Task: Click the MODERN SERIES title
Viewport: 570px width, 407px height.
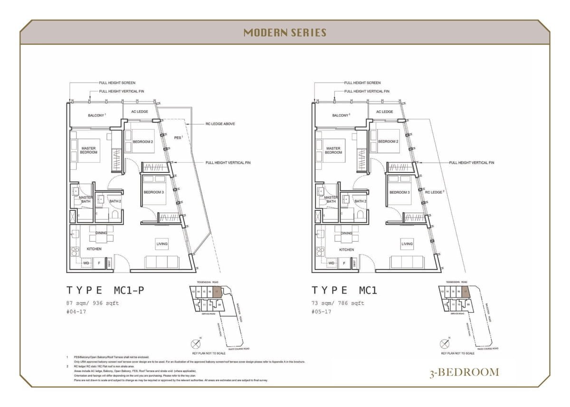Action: click(285, 33)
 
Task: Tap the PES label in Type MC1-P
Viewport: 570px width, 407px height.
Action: click(178, 137)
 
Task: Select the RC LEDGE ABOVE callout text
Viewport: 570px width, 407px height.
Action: click(220, 124)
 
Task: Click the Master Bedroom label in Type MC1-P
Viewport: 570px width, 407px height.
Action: click(88, 150)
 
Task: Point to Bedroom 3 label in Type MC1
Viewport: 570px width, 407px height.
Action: click(399, 192)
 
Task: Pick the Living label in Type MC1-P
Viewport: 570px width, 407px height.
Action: click(162, 244)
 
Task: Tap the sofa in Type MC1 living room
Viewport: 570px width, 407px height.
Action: click(407, 262)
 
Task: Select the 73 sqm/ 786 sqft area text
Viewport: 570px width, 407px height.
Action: click(338, 303)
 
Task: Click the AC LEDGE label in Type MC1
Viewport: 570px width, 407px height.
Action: click(385, 112)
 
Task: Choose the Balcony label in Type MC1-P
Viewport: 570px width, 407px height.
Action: click(96, 115)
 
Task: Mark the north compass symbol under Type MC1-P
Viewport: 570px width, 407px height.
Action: click(196, 343)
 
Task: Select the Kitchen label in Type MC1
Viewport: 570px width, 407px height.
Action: click(346, 249)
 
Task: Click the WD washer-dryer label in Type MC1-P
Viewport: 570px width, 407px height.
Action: click(86, 263)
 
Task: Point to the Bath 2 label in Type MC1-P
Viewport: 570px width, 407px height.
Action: click(115, 201)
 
